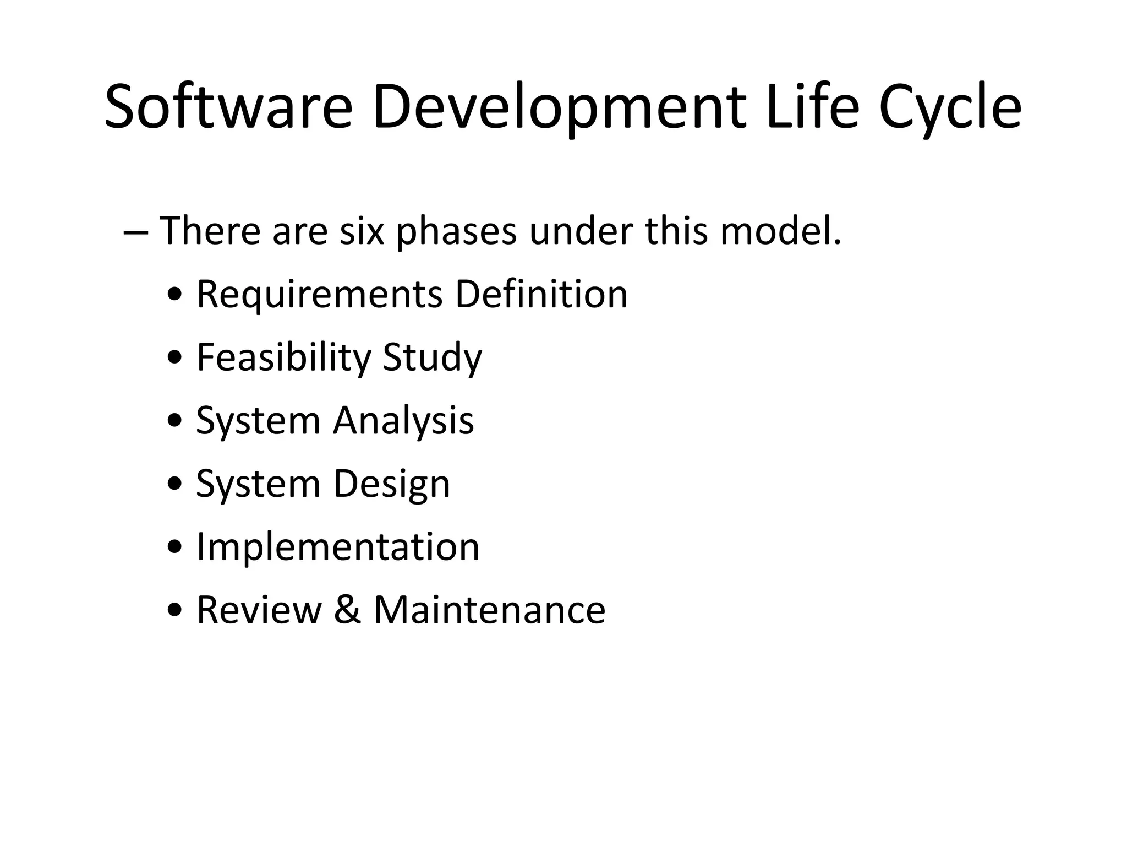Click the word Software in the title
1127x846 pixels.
tap(228, 107)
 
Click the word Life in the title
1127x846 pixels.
tap(811, 107)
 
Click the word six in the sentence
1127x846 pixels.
tap(361, 231)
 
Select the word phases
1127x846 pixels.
tap(456, 231)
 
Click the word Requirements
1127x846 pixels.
tap(319, 295)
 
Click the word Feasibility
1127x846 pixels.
tap(284, 358)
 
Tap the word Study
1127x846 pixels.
tap(432, 358)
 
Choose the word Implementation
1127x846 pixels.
tap(338, 547)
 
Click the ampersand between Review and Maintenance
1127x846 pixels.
tap(347, 610)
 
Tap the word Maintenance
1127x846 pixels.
tap(489, 610)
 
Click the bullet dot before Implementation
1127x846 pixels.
tap(175, 548)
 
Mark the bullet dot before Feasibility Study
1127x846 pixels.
tap(175, 359)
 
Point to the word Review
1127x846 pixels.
tap(259, 610)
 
